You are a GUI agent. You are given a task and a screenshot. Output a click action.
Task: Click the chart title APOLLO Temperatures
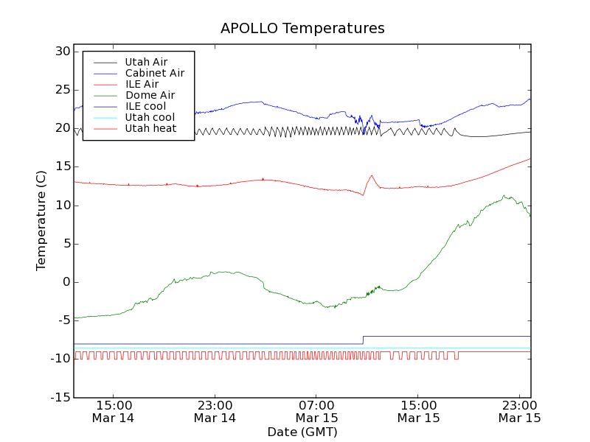pos(302,29)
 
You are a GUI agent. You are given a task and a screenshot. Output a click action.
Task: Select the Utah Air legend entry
pos(146,62)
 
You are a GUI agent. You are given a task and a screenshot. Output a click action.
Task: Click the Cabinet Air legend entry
pos(154,73)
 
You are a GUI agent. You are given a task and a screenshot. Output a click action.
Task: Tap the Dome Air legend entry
pos(150,95)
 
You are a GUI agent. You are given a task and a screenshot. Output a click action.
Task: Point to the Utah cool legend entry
pos(150,117)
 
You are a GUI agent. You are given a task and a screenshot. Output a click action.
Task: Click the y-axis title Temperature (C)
pos(41,221)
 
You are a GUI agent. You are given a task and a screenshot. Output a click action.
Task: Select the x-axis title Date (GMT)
pos(302,432)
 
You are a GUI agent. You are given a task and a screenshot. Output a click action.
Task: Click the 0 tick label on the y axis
pos(66,282)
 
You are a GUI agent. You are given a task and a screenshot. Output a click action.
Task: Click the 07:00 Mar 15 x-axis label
pos(316,411)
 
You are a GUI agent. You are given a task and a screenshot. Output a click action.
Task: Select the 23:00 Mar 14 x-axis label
pos(215,411)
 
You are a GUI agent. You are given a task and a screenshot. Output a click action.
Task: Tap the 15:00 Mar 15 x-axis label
pos(418,411)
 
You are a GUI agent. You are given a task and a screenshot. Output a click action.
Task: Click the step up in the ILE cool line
pos(363,340)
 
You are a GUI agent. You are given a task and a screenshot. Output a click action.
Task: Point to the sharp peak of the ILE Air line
pos(372,175)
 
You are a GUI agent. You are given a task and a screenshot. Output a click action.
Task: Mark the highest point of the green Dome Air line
pos(504,196)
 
